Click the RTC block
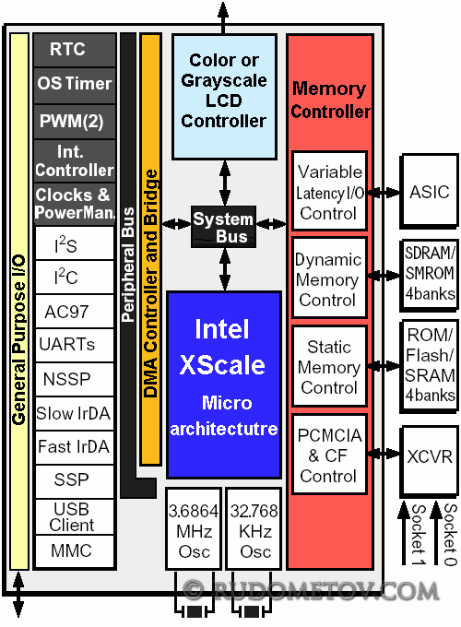coord(75,50)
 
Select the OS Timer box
coord(75,85)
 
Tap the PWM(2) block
coord(75,122)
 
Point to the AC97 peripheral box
coord(75,312)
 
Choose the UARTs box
coord(75,345)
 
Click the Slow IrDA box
coord(75,413)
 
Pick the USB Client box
coord(75,516)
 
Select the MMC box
coord(75,551)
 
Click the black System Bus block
coord(223,227)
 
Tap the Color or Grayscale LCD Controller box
coord(224,97)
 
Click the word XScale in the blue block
coord(222,365)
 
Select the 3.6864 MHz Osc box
coord(194,527)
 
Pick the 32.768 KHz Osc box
coord(254,527)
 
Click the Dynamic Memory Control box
coord(329,278)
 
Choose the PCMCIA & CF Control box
coord(329,455)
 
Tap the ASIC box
coord(430,190)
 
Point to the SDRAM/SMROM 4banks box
coord(430,275)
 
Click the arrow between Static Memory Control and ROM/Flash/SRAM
coord(384,365)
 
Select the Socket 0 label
coord(450,535)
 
